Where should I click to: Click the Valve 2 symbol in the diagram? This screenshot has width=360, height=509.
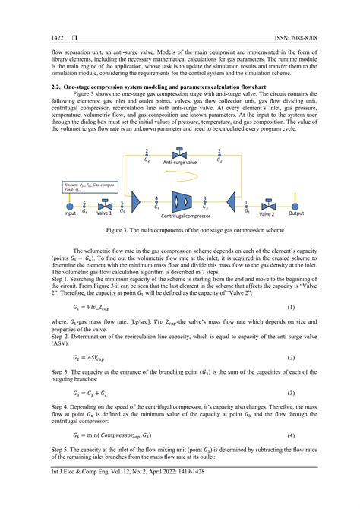click(x=267, y=206)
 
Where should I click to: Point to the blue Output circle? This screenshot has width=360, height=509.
click(x=296, y=206)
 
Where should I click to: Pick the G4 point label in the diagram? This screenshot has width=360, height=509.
click(x=156, y=206)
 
